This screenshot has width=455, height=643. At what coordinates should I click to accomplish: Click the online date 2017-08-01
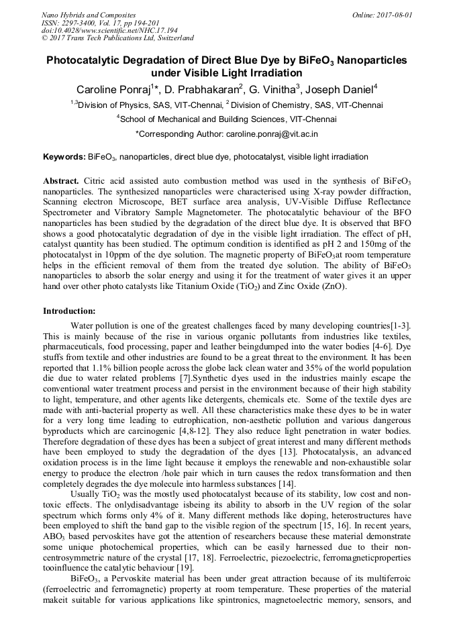click(395, 15)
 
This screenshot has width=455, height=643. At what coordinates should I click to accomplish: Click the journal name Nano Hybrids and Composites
click(88, 15)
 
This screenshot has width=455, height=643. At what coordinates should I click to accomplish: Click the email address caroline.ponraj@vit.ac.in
click(271, 134)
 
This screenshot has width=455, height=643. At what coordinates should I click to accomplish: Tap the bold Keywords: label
click(64, 157)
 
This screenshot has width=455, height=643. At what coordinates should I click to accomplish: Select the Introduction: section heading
click(69, 311)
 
